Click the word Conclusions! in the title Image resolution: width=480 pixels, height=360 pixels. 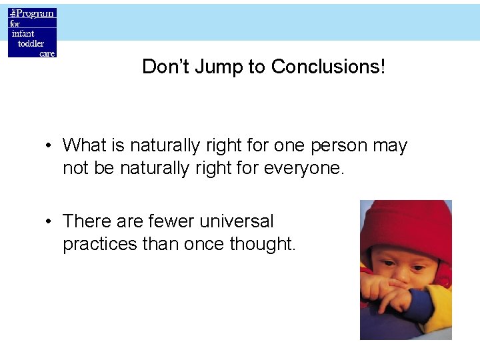pyautogui.click(x=328, y=67)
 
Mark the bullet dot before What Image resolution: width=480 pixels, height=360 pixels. pyautogui.click(x=51, y=146)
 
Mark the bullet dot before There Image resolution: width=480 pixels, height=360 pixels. pyautogui.click(x=51, y=221)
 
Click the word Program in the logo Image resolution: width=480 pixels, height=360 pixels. pyautogui.click(x=36, y=13)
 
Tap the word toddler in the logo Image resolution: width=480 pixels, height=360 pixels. pyautogui.click(x=30, y=43)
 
